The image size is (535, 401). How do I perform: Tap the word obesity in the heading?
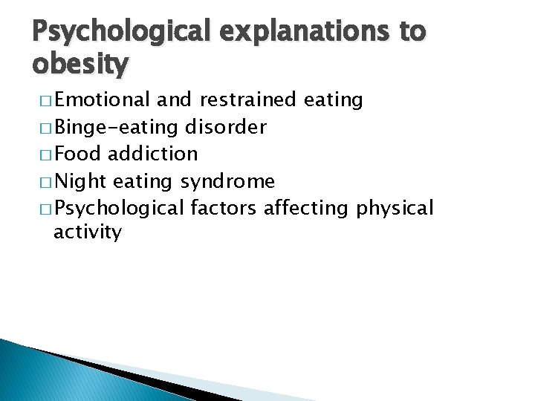[80, 65]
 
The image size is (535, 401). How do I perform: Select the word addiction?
[152, 154]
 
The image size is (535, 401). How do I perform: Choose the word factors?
[223, 208]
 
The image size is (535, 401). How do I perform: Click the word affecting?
[305, 209]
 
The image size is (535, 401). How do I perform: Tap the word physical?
[395, 209]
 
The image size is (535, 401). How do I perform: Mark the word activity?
[88, 232]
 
